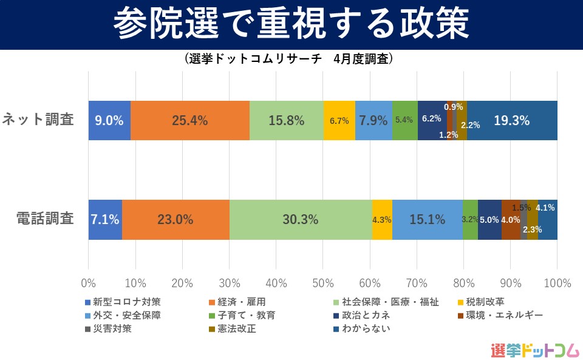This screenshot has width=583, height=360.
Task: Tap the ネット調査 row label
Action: click(x=38, y=120)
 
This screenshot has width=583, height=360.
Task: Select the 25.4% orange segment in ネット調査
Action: click(x=189, y=120)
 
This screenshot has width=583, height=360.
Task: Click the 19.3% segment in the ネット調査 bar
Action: click(x=511, y=120)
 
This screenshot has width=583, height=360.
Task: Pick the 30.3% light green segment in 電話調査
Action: click(x=300, y=219)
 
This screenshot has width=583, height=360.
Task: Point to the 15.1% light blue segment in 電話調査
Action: click(x=427, y=219)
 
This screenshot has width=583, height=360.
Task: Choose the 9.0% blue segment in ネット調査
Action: click(x=109, y=120)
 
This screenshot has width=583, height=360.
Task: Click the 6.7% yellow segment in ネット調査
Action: click(x=339, y=120)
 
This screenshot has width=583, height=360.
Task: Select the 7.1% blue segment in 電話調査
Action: click(x=105, y=219)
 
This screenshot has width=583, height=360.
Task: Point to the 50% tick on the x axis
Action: click(x=323, y=283)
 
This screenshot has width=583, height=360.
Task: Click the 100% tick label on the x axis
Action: click(x=557, y=283)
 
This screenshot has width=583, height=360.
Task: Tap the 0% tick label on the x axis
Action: click(x=89, y=283)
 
